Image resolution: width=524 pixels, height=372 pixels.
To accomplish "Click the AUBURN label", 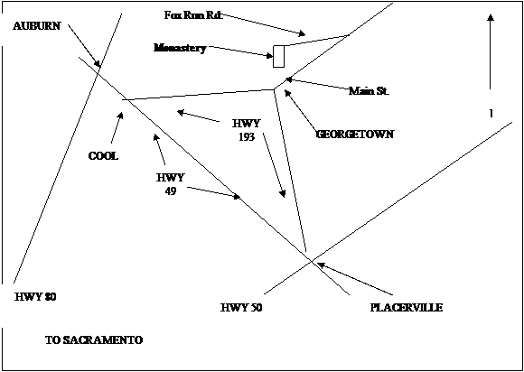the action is pos(37,26).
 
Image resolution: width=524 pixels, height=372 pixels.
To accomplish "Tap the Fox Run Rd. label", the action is pos(193,15).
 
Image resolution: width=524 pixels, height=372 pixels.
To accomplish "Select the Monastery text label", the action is pos(180,48).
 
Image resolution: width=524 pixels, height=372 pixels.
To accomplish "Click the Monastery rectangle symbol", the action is pos(278,57).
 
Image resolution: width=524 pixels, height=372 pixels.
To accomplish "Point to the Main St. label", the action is pos(369,91).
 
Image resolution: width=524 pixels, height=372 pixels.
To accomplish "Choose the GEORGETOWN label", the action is pos(354,135).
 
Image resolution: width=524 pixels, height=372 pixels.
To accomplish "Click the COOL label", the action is pos(103,156).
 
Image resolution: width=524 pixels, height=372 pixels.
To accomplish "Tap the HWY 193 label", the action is pos(246,130).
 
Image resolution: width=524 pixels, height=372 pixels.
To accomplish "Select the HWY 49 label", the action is pos(170,184).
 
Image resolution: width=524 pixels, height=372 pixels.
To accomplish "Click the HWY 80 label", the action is pos(35,296).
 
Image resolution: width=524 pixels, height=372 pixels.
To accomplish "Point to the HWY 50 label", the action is pos(241,308).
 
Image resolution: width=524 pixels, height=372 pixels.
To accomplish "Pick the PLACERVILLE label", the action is pos(407,308).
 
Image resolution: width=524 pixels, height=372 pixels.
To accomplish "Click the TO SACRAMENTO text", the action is pos(94,340).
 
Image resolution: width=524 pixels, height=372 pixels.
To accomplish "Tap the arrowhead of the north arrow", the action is pos(491,18).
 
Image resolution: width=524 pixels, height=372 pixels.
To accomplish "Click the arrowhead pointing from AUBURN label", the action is pos(98,63).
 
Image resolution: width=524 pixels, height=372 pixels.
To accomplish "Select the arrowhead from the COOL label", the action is pos(121,116).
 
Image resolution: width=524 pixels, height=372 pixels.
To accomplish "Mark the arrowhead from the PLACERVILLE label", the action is pos(321,265).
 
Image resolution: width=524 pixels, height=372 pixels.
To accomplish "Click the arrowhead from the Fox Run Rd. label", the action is pos(302,33).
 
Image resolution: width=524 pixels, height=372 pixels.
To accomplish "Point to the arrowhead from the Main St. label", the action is pos(289,79).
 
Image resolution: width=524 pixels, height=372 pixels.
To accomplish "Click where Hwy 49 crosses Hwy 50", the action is pos(311,261).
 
